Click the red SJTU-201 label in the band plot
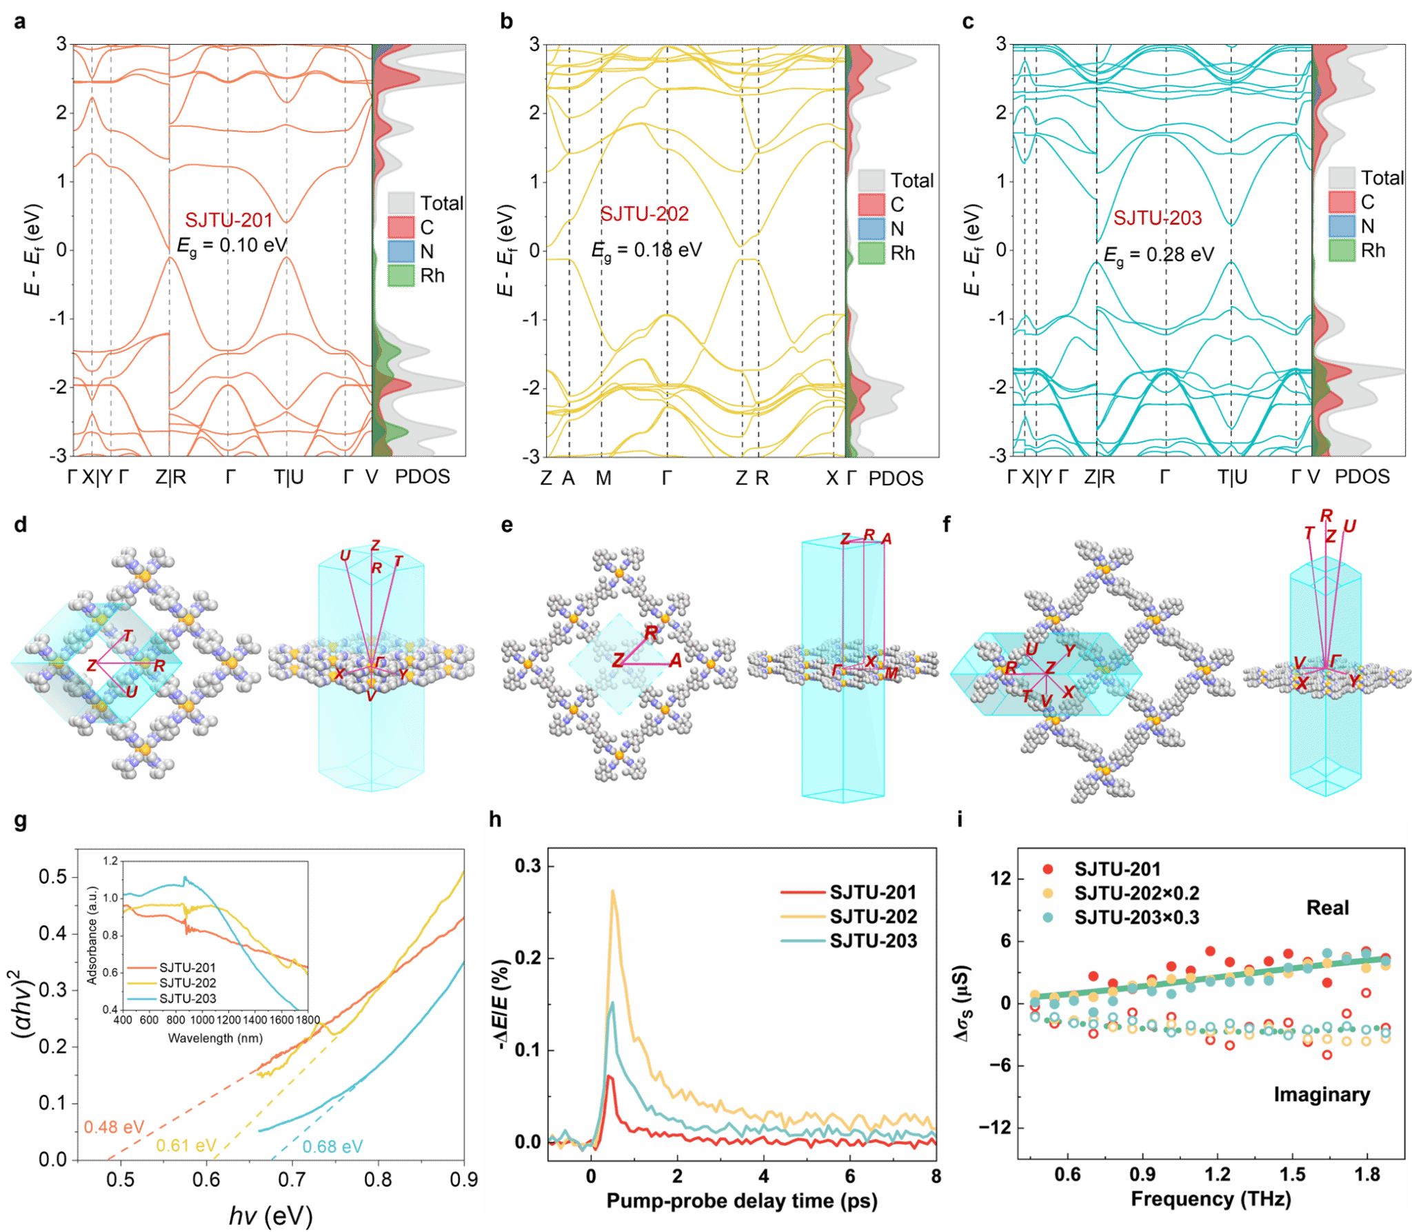[228, 221]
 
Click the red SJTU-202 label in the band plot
[645, 214]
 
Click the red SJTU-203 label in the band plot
[1158, 218]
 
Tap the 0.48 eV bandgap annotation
[114, 1127]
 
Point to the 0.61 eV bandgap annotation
[186, 1146]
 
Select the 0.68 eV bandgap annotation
[332, 1147]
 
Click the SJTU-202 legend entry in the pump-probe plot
[873, 916]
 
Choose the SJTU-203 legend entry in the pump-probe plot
[873, 940]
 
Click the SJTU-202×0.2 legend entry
[1136, 893]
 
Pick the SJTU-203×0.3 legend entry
[1136, 917]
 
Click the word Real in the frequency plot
[1327, 908]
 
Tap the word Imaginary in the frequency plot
[1322, 1094]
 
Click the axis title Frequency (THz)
[1211, 1198]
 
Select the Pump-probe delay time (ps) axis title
[742, 1200]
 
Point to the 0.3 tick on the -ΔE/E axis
[527, 866]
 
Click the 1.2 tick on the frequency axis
[1218, 1173]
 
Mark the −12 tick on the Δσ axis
[995, 1127]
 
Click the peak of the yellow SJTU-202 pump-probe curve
[612, 891]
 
